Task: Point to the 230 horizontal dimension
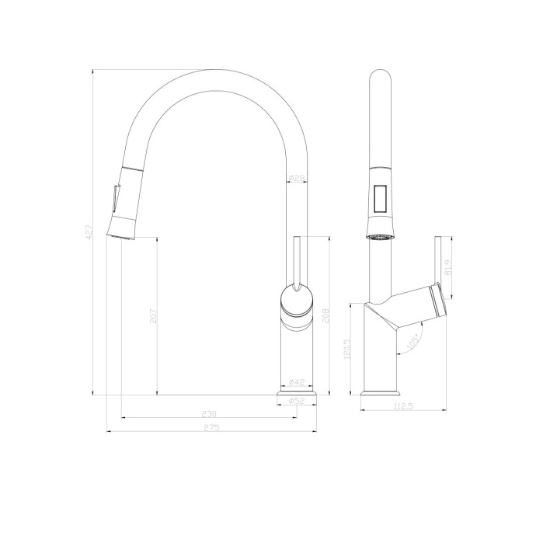(x=209, y=413)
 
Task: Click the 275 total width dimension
(x=211, y=428)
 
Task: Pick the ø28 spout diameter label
(x=296, y=179)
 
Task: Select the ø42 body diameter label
(x=296, y=382)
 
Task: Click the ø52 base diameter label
(x=296, y=401)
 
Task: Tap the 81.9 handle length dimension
(x=448, y=268)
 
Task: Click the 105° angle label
(x=412, y=341)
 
